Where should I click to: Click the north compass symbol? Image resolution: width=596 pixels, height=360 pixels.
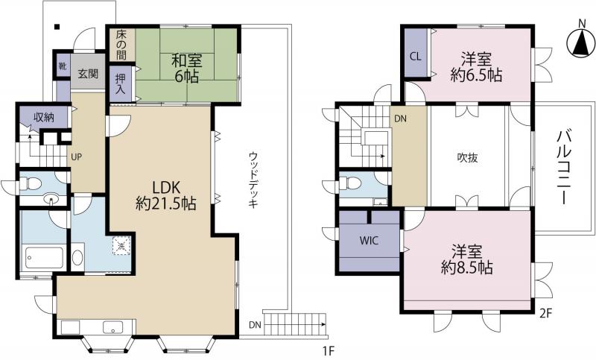click(581, 43)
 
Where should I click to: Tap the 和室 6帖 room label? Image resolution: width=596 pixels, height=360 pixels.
click(187, 68)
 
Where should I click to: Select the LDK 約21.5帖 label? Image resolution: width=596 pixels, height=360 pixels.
click(165, 195)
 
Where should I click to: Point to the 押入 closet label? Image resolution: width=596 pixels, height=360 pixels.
click(121, 84)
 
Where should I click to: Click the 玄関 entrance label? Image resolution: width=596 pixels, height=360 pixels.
click(88, 73)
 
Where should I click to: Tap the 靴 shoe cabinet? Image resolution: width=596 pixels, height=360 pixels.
click(63, 66)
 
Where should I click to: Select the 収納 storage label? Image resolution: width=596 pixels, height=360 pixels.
click(44, 117)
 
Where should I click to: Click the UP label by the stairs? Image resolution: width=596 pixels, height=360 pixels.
click(76, 157)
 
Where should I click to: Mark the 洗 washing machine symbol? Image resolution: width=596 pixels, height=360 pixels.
click(121, 245)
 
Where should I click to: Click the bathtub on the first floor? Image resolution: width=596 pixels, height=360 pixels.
click(42, 259)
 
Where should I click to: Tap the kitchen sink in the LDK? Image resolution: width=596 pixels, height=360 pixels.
click(113, 327)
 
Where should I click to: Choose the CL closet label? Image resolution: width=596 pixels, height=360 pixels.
click(416, 57)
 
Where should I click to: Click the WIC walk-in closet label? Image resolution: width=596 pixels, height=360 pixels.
click(369, 240)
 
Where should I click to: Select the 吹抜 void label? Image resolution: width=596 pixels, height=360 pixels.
click(467, 157)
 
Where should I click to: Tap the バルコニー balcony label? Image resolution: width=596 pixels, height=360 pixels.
click(564, 167)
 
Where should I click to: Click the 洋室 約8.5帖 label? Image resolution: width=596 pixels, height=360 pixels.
click(467, 259)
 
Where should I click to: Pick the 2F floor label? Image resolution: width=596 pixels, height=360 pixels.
click(545, 313)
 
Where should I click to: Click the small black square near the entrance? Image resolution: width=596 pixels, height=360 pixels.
click(57, 27)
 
